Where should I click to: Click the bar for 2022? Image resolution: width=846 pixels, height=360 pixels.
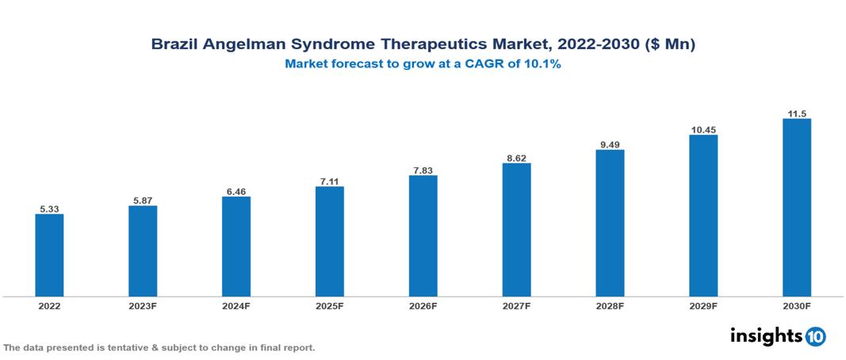(49, 255)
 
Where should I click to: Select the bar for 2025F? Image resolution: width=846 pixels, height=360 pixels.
(329, 241)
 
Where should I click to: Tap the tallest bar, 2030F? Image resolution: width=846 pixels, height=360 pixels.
(796, 208)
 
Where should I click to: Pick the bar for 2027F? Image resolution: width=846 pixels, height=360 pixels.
(516, 230)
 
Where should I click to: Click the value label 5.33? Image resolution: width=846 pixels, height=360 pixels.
(49, 209)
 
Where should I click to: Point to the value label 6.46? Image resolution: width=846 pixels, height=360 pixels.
(236, 192)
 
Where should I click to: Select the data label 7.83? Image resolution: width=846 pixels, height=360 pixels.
(423, 170)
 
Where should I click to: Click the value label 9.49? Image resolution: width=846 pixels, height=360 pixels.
(610, 144)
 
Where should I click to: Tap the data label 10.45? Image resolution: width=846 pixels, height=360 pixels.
(703, 129)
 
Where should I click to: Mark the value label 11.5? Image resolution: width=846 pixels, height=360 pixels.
(796, 113)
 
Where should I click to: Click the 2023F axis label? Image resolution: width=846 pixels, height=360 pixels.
(143, 306)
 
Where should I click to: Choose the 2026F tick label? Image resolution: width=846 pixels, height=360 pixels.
(423, 306)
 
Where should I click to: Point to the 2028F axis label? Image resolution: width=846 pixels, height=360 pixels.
(610, 306)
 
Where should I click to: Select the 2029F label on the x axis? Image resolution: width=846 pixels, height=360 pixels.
(703, 306)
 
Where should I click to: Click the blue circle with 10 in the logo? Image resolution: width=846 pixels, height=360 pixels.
(815, 336)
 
